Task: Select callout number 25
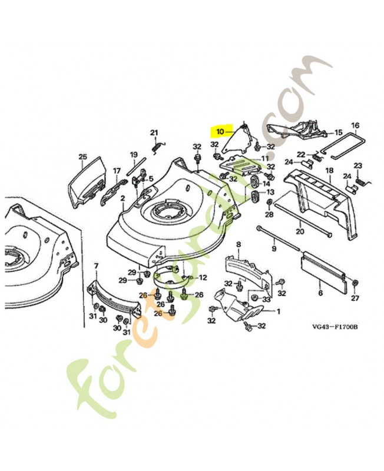click(x=82, y=157)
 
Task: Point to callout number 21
click(x=154, y=132)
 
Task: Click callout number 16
click(x=355, y=125)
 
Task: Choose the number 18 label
click(x=329, y=171)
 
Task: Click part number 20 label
click(x=300, y=231)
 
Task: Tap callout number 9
click(x=273, y=249)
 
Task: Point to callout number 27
click(x=356, y=298)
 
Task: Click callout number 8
click(x=239, y=244)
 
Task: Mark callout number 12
click(x=203, y=277)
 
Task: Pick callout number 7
click(x=95, y=267)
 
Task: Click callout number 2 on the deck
click(x=123, y=199)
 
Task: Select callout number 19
click(x=134, y=155)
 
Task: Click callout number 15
click(x=338, y=132)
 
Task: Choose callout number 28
click(x=269, y=215)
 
